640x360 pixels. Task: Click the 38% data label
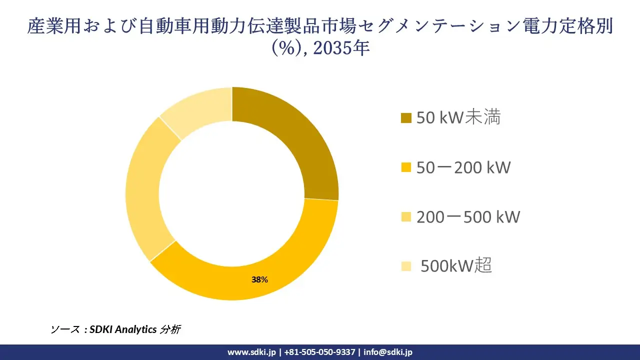tap(259, 280)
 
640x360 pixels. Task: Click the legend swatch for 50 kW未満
tap(406, 118)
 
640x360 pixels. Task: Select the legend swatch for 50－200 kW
tap(406, 167)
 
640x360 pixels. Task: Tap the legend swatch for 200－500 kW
tap(406, 217)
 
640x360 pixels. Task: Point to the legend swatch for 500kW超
tap(406, 266)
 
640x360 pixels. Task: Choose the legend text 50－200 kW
tap(463, 167)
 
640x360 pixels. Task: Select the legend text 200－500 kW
tap(468, 216)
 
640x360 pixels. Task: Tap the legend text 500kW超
tap(456, 266)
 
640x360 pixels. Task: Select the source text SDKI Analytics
tap(123, 329)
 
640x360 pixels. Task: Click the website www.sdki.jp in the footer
tap(251, 352)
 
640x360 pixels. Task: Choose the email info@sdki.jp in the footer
tap(388, 352)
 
